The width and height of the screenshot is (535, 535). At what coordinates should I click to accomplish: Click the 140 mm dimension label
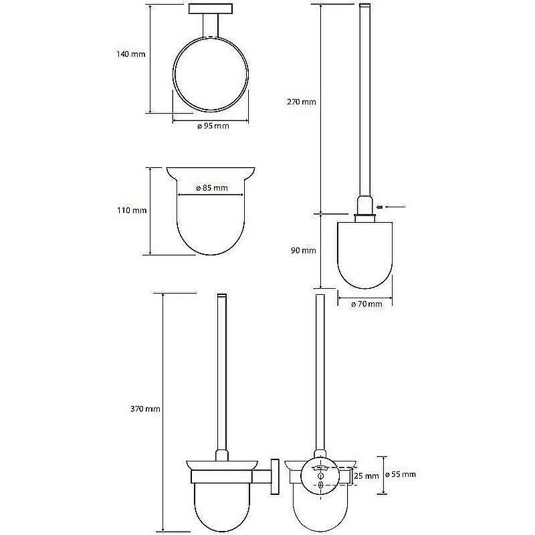131,54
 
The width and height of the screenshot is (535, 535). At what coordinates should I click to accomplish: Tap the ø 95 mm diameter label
213,126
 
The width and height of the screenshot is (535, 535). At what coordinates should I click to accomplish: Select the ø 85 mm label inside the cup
212,188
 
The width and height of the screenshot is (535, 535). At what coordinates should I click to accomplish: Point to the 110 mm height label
132,210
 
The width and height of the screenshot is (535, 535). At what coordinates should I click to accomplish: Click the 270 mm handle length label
302,102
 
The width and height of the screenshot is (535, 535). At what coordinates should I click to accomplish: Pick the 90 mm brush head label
304,250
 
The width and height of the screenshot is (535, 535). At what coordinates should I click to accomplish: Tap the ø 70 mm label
366,304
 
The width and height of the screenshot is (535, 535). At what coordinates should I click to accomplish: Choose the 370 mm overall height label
145,409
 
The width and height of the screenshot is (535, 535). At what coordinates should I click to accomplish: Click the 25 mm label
366,475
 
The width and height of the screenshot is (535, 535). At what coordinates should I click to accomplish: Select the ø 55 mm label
401,474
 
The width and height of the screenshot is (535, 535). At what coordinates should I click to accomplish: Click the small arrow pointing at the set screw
395,207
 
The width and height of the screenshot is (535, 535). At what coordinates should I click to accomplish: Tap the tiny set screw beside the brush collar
379,207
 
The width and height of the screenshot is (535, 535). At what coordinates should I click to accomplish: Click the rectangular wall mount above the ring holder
211,9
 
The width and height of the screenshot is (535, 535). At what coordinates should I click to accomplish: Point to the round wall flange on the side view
275,476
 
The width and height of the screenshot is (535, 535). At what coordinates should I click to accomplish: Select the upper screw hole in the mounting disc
320,475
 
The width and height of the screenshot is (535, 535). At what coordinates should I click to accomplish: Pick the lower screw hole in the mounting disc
320,486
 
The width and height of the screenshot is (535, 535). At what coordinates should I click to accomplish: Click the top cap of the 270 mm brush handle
364,5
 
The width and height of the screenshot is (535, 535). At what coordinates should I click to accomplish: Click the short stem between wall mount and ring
211,25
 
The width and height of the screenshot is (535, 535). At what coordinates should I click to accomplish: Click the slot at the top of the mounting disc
320,467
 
